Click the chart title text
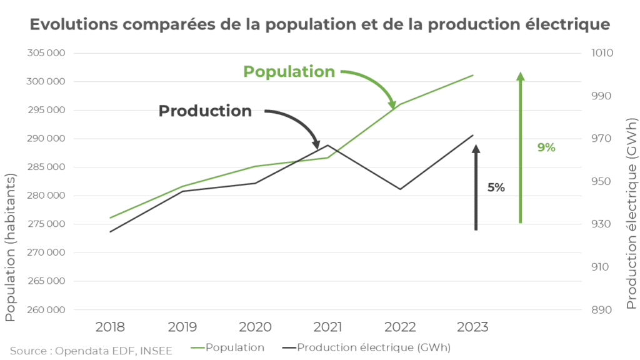[x=319, y=25]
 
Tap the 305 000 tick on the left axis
[x=47, y=53]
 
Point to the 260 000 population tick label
[x=47, y=310]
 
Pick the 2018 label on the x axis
[x=110, y=327]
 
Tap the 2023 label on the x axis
[x=472, y=327]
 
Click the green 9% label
[x=546, y=147]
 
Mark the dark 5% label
[x=496, y=187]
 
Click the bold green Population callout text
[x=289, y=72]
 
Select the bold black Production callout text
[x=205, y=111]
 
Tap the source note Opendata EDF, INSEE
[x=91, y=351]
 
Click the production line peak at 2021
[x=327, y=146]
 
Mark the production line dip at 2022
[x=400, y=189]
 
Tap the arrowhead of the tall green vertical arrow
[x=520, y=77]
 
